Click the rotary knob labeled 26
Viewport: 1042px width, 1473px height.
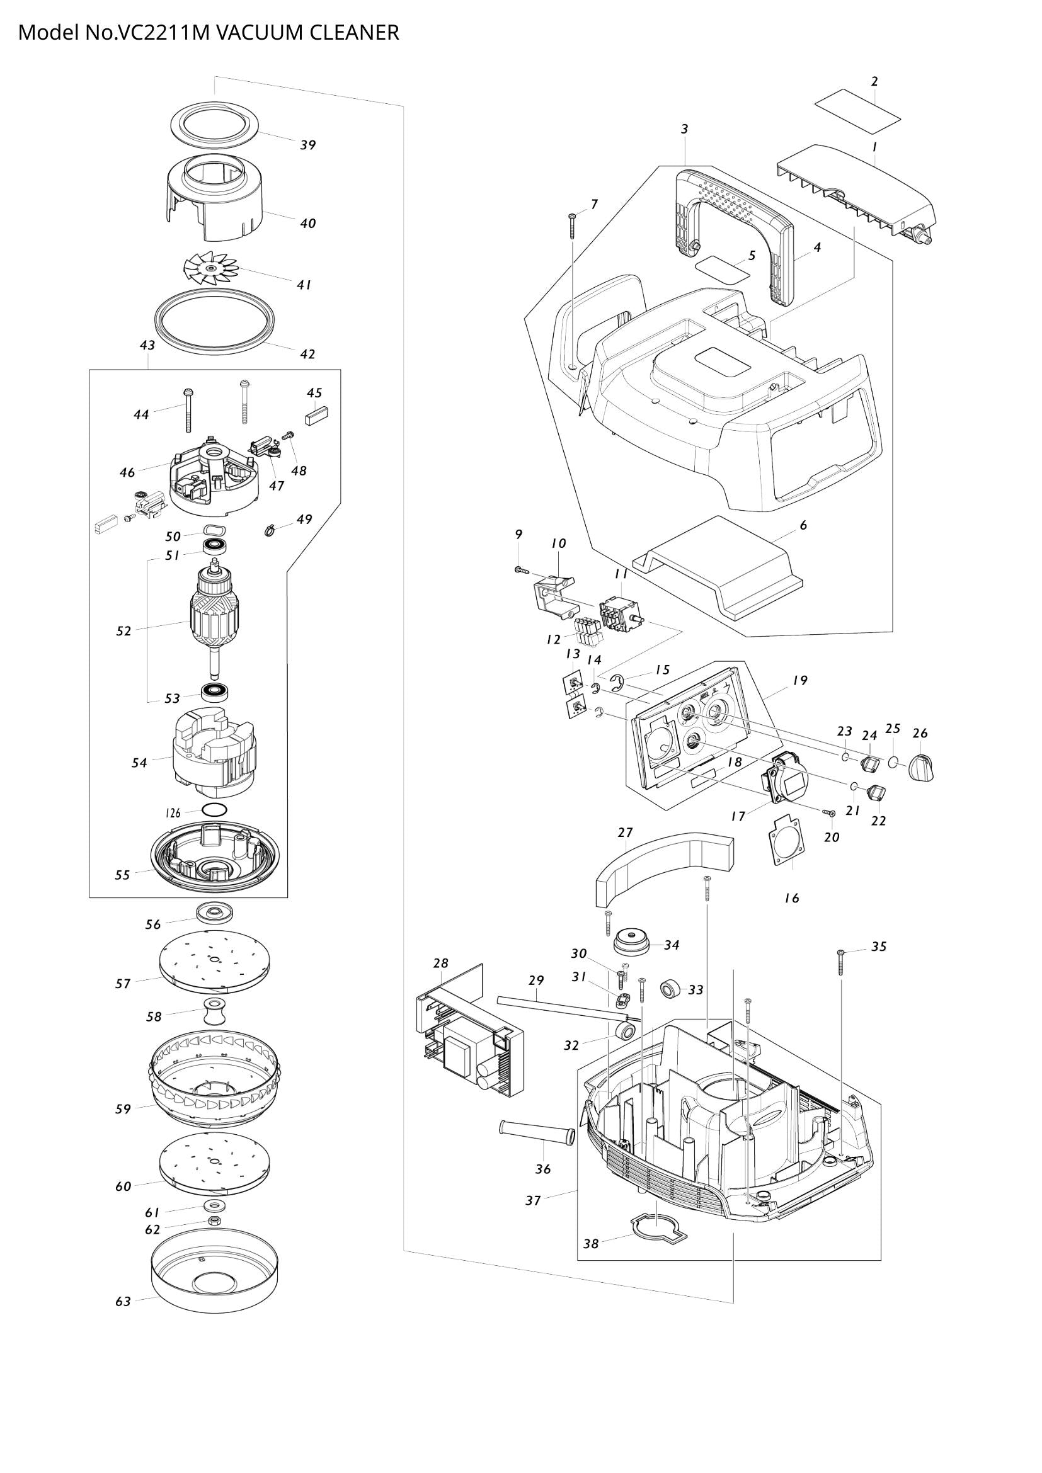coord(922,767)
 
